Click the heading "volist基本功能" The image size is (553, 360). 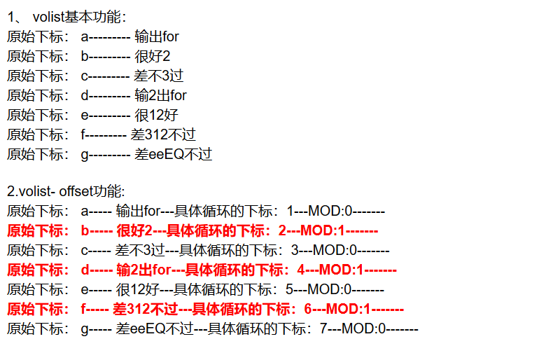pos(79,17)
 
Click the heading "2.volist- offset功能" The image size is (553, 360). pos(66,191)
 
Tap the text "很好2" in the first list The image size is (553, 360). pos(152,56)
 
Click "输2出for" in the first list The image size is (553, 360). pos(160,95)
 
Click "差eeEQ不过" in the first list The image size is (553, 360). pos(173,154)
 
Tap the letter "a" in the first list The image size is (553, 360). pos(85,36)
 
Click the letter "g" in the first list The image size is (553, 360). pos(85,155)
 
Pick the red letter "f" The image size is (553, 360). pos(84,308)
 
